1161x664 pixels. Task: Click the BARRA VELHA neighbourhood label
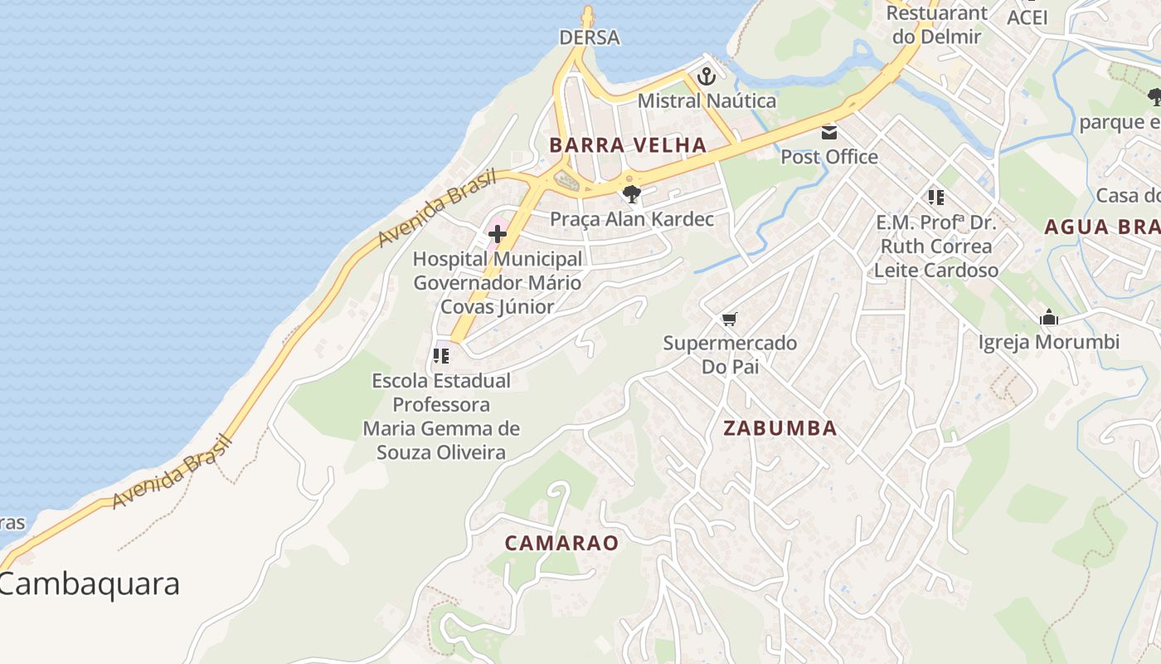[628, 145]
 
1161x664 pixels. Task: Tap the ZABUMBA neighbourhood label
[780, 428]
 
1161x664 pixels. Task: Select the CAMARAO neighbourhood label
[562, 543]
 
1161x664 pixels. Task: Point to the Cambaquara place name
[90, 583]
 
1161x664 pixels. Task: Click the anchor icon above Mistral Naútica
[707, 77]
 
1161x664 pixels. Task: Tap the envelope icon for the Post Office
[829, 133]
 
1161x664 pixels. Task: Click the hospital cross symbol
[498, 234]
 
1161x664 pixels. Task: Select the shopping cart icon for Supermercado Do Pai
[730, 320]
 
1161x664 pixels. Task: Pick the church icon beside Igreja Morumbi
[1049, 318]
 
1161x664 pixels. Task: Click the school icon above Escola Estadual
[441, 356]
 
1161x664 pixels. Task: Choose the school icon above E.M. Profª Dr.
[936, 198]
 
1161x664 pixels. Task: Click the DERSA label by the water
[590, 37]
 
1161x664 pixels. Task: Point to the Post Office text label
[829, 156]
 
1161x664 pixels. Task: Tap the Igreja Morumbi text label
[1049, 342]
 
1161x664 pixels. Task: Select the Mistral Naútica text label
[707, 101]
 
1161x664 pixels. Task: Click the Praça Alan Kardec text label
[632, 219]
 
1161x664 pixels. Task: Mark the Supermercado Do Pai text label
[730, 354]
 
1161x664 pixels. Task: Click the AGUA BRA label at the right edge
[1102, 227]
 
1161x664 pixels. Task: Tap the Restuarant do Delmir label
[937, 25]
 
